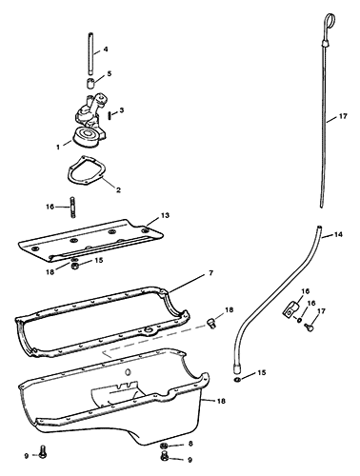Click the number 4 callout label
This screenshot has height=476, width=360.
pyautogui.click(x=106, y=50)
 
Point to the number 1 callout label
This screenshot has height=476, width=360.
pyautogui.click(x=58, y=148)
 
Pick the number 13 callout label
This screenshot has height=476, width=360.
pyautogui.click(x=165, y=215)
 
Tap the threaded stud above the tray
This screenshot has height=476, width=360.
pyautogui.click(x=72, y=207)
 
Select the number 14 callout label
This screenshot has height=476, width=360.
pyautogui.click(x=338, y=235)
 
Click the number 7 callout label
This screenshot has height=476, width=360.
pyautogui.click(x=211, y=273)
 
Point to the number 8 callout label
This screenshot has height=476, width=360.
pyautogui.click(x=190, y=444)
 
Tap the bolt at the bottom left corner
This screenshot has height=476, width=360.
pyautogui.click(x=42, y=451)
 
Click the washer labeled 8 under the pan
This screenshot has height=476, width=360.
pyautogui.click(x=164, y=446)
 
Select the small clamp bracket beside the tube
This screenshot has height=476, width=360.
pyautogui.click(x=290, y=309)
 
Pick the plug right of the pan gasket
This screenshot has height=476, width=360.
pyautogui.click(x=210, y=324)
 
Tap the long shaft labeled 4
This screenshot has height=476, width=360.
pyautogui.click(x=90, y=53)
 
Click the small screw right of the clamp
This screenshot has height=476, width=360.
pyautogui.click(x=309, y=327)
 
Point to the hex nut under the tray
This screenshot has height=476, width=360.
pyautogui.click(x=75, y=266)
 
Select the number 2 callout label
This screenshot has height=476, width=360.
pyautogui.click(x=118, y=190)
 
